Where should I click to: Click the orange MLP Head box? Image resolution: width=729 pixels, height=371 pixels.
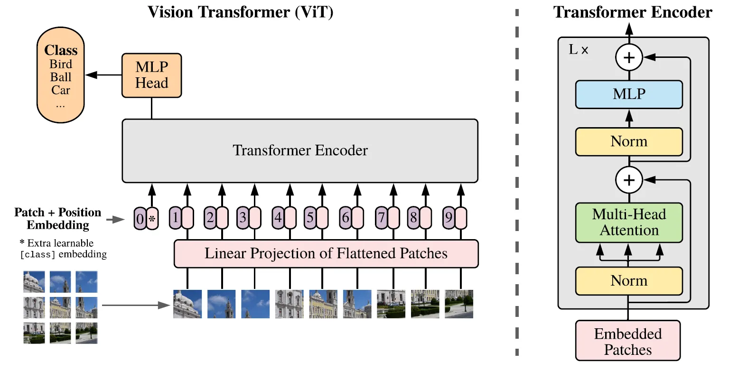pyautogui.click(x=151, y=75)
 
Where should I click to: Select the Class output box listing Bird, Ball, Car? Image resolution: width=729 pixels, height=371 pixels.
pyautogui.click(x=60, y=76)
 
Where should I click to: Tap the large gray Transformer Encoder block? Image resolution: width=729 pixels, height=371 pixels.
pyautogui.click(x=300, y=150)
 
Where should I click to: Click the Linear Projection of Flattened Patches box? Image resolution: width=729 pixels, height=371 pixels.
pyautogui.click(x=326, y=253)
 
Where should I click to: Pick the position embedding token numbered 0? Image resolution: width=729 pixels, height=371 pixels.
pyautogui.click(x=140, y=219)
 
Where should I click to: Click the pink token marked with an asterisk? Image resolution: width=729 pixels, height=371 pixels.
pyautogui.click(x=152, y=219)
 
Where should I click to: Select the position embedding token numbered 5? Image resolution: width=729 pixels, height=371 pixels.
pyautogui.click(x=310, y=218)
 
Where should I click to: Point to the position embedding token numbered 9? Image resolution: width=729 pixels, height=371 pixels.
pyautogui.click(x=449, y=218)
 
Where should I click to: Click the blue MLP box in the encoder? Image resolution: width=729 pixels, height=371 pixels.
pyautogui.click(x=629, y=94)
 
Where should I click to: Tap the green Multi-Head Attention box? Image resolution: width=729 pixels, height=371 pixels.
pyautogui.click(x=629, y=223)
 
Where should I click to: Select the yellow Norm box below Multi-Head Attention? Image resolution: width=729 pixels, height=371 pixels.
pyautogui.click(x=629, y=281)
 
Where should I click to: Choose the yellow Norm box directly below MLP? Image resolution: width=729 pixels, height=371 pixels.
pyautogui.click(x=629, y=141)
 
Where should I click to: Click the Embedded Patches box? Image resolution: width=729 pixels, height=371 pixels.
pyautogui.click(x=628, y=342)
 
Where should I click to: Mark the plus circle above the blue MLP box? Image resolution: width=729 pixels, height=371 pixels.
pyautogui.click(x=629, y=58)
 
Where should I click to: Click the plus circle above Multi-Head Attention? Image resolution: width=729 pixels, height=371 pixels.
pyautogui.click(x=629, y=180)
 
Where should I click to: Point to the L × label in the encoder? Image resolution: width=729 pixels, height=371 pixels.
pyautogui.click(x=578, y=50)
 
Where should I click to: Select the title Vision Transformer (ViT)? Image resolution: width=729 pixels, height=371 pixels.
pyautogui.click(x=241, y=12)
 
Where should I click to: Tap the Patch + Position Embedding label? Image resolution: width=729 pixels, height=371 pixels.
pyautogui.click(x=58, y=218)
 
